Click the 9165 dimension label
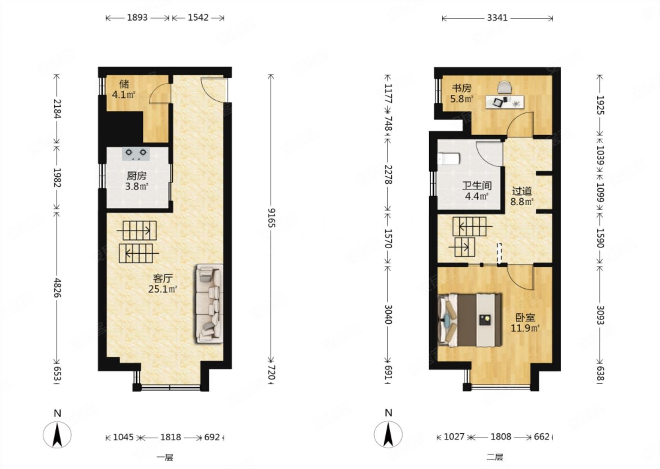point(271,218)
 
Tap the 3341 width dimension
point(497,18)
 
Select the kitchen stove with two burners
point(136,154)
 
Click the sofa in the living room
point(209,304)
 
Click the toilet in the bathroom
point(449,159)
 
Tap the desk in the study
point(505,102)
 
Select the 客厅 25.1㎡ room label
point(163,284)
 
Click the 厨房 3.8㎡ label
point(137,181)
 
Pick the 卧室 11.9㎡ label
point(525,323)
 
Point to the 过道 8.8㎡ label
point(522,196)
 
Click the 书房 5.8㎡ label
point(462,93)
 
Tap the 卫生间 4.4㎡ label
point(477,191)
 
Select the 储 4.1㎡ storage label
point(124,89)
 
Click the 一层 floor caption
point(165,457)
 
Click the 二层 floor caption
point(495,457)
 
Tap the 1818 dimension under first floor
point(170,437)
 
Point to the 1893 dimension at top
point(137,18)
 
